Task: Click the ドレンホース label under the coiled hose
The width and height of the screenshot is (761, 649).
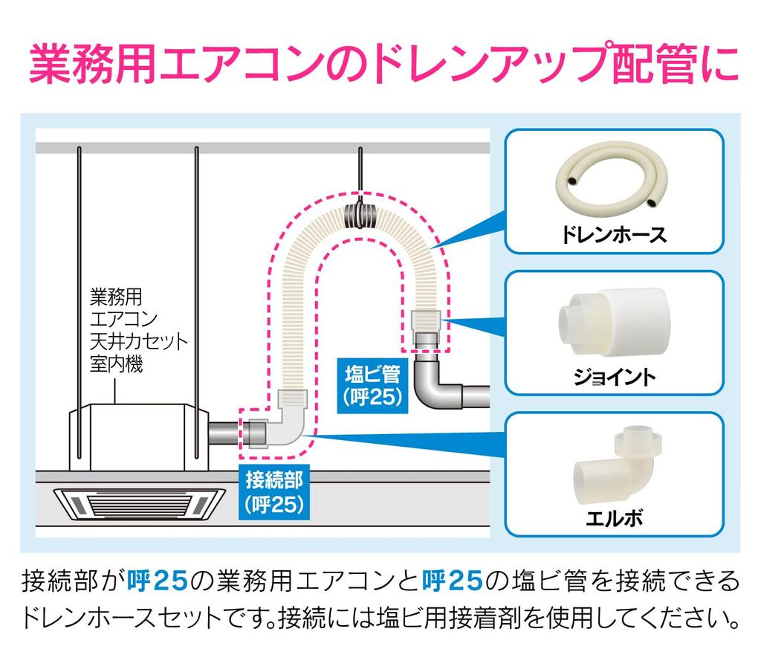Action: (x=614, y=236)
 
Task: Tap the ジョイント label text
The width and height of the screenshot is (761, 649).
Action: (x=614, y=377)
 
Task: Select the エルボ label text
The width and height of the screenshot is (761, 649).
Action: (x=614, y=517)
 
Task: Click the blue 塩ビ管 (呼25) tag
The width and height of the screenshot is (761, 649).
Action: (x=372, y=384)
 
